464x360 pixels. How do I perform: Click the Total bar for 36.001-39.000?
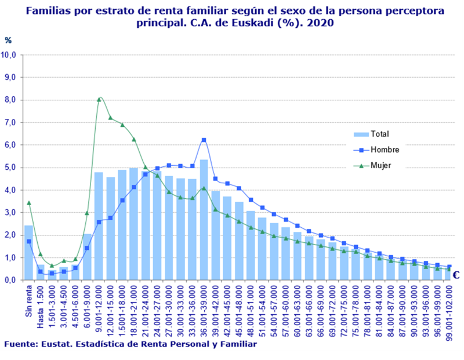point(204,220)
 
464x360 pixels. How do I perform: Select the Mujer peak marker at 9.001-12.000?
point(99,99)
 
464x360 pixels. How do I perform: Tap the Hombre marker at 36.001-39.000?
point(204,140)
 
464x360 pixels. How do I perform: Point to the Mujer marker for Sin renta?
point(28,202)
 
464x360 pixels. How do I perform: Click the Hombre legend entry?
point(384,150)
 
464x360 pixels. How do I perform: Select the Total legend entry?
point(379,134)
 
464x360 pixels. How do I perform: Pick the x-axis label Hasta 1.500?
point(40,307)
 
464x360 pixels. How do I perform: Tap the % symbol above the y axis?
point(8,40)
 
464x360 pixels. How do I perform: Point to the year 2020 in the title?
point(322,24)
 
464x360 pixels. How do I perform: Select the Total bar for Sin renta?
point(28,253)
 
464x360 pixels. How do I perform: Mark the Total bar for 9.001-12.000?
point(99,226)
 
